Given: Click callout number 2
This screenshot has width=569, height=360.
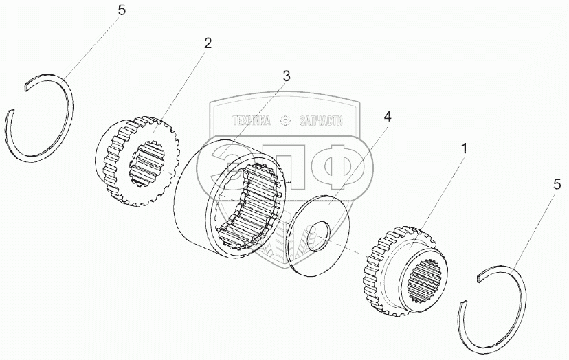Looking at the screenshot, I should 208,43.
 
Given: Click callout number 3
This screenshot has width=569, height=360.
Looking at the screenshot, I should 286,76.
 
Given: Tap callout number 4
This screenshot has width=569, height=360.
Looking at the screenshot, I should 387,117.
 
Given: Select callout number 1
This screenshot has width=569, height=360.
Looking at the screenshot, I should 465,148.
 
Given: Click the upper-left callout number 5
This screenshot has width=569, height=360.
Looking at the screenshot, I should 122,12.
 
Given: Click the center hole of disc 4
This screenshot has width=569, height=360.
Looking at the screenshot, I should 319,236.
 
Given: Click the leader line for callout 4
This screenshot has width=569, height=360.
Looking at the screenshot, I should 361,161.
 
